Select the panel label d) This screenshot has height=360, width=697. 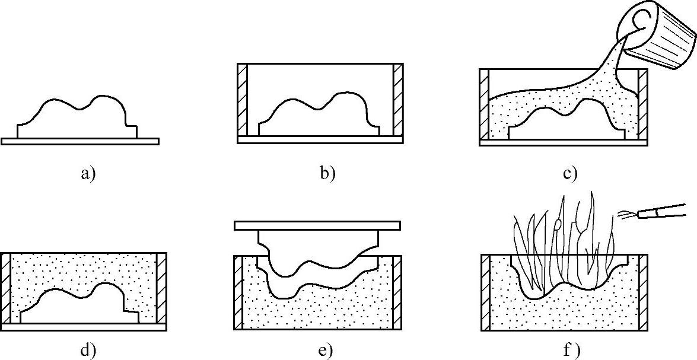coord(87,351)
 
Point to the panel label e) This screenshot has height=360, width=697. coord(326,351)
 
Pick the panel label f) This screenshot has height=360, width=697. coord(572,351)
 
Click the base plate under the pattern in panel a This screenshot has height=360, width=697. coord(80,141)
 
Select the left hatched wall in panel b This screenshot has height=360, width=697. coord(241,99)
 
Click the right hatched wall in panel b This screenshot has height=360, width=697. coord(397,99)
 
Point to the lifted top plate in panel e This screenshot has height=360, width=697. coord(317,225)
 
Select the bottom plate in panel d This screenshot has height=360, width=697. coord(83,327)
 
